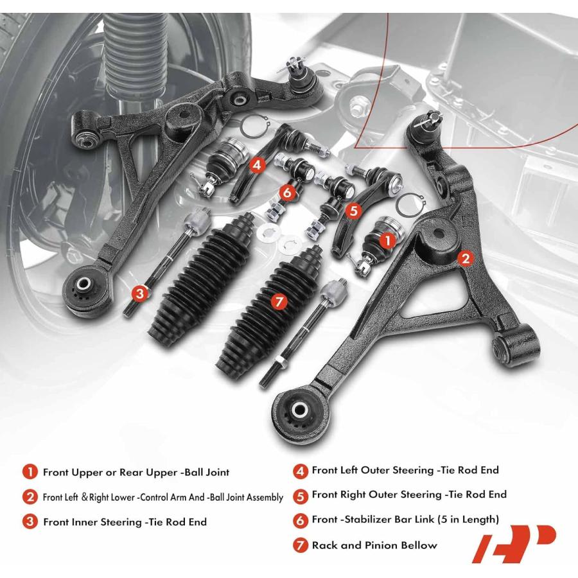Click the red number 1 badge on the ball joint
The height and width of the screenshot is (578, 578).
387,241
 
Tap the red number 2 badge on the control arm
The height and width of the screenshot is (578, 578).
466,258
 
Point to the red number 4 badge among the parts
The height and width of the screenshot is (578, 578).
257,165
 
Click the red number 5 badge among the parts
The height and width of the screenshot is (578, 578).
353,211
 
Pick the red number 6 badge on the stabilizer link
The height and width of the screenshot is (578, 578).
287,192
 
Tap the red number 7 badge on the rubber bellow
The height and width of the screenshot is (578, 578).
279,302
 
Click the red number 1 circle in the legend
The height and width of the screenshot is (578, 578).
30,472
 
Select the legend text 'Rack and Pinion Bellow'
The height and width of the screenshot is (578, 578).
374,545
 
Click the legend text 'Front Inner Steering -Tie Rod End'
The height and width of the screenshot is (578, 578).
125,522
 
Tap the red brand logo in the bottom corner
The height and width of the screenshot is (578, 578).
514,544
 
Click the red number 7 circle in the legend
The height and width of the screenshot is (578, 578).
300,545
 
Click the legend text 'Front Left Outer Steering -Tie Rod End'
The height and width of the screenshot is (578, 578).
405,470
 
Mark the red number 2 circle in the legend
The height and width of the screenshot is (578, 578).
30,497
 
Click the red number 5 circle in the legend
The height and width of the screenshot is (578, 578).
300,496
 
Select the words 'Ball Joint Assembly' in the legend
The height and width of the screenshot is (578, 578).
247,498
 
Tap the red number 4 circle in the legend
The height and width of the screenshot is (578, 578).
300,471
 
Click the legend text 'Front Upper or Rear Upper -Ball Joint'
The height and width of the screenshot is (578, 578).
136,472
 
